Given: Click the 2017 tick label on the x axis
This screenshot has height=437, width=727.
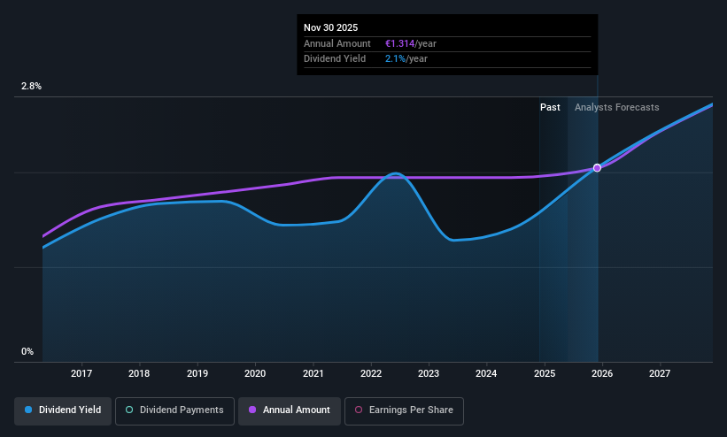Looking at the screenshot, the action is pos(81,373).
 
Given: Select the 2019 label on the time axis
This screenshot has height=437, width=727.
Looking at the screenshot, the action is pos(197,373).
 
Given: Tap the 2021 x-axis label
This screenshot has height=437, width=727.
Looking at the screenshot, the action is pos(313,373).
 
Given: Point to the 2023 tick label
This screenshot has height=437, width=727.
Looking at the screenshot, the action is pos(429,373).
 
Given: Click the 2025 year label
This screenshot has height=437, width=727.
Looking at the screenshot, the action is pos(545,373).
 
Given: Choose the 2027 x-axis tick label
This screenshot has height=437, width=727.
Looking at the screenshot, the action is pos(660,373).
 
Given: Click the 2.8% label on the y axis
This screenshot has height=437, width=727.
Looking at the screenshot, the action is pos(31,86).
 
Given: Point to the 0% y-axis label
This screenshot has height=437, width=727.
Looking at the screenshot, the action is pos(27,352).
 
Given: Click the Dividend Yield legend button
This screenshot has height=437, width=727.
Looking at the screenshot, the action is pos(63,410).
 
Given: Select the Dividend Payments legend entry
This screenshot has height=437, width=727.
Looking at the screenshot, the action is pos(174,410).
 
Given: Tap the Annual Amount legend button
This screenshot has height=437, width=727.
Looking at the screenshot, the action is pos(290,410).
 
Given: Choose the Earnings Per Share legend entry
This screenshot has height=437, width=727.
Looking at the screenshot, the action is pos(404,410).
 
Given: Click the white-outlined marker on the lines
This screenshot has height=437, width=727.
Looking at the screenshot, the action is pos(597,168).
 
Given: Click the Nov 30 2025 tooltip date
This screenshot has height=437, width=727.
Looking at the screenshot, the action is pos(330,27).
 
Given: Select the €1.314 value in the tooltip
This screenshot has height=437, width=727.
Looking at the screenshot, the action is pos(399,43).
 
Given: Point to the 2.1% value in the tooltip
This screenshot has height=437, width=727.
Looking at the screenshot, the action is pos(396,59).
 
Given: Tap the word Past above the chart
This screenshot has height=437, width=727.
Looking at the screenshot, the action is pos(550,108).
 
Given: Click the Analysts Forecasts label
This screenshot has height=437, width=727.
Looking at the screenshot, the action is pos(616,108).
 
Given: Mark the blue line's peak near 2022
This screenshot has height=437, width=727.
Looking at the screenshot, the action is pos(396,173).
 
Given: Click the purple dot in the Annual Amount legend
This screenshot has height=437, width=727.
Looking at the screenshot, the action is pos(252,410).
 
